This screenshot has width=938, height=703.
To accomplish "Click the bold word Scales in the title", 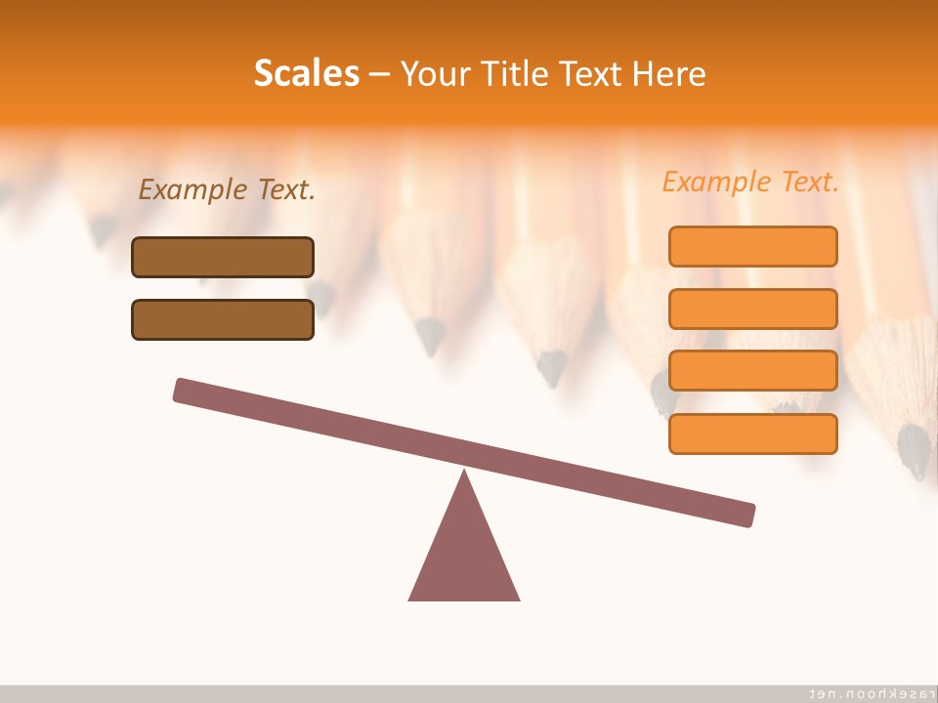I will point(307,74).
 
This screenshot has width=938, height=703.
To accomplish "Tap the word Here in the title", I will point(669,74).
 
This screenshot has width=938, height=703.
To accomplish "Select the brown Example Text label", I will point(227,190).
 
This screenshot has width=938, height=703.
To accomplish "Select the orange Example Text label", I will point(750,182).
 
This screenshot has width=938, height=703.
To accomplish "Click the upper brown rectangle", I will point(223,257).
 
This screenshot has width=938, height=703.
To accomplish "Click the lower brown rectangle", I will point(223,319).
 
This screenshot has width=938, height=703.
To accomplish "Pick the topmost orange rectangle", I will point(752,246).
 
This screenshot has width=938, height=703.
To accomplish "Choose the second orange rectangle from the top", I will point(752,309).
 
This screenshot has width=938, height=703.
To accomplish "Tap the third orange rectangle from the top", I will point(752,371).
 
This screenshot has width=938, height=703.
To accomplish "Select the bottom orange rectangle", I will point(752,434).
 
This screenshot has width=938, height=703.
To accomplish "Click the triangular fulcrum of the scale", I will point(464,557).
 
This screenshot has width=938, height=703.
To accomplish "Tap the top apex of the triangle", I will point(464,473).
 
